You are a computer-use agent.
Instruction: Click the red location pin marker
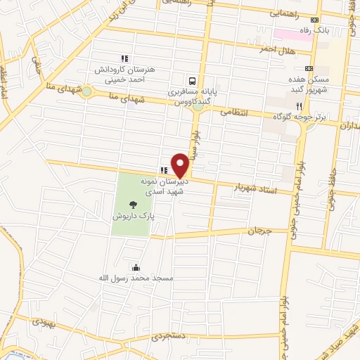pos(180,165)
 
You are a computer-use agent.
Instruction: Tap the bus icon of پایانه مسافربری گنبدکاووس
pos(193,80)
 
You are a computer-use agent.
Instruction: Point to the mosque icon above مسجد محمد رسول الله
pos(135,267)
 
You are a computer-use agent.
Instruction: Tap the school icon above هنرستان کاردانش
pos(124,59)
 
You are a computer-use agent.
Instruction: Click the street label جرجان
pos(259,231)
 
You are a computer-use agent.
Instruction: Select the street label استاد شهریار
pos(259,188)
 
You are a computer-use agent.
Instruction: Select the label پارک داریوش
pos(134,217)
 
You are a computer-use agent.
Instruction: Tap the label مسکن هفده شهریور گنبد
pos(309,86)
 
